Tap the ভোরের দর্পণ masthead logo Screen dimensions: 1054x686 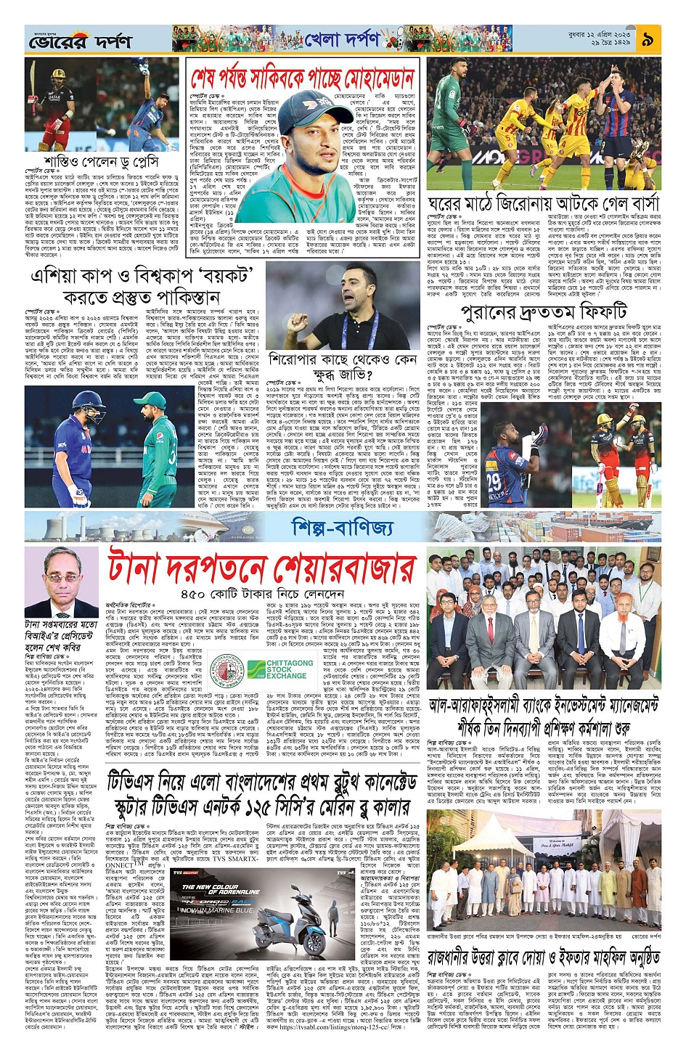(80, 41)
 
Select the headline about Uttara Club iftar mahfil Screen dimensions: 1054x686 (543, 957)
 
